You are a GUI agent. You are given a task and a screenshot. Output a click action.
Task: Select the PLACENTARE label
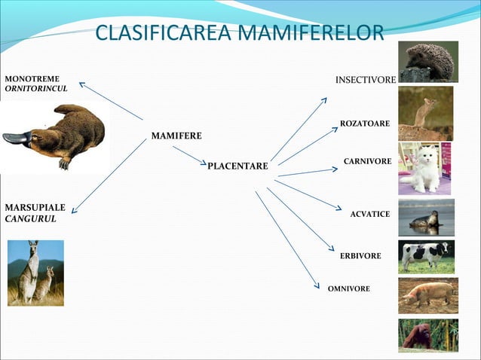(237, 166)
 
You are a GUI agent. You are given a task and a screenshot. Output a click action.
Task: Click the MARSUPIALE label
(35, 207)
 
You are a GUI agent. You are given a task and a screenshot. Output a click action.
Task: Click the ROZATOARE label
(365, 123)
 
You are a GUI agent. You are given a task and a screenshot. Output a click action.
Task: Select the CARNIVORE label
(367, 162)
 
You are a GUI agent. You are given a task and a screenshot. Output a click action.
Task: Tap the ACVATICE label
(370, 215)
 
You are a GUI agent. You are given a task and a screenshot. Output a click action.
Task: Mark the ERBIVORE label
(360, 257)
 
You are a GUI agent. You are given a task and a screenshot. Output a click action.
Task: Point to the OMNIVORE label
(349, 288)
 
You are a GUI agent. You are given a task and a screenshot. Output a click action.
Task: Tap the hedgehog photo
(429, 61)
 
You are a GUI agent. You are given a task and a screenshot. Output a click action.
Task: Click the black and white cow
(427, 255)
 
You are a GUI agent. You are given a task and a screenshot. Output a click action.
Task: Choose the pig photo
(427, 294)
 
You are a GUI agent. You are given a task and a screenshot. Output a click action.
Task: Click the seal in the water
(425, 220)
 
